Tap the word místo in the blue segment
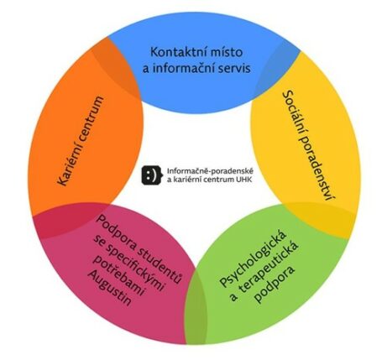click(x=227, y=52)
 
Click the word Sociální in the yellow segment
click(x=295, y=111)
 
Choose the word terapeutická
click(x=269, y=270)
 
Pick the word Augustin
click(x=109, y=289)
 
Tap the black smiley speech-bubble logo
click(x=152, y=175)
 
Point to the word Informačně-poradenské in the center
click(x=210, y=171)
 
